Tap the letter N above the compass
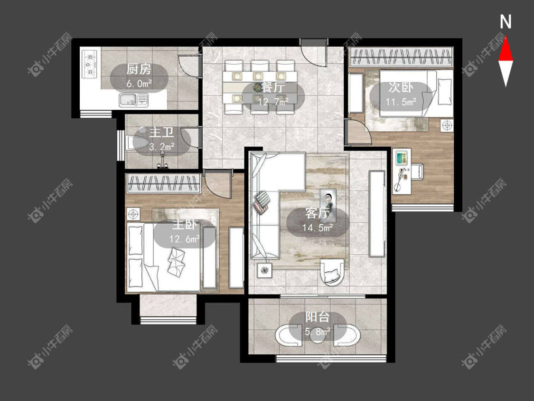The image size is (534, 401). coord(506,22)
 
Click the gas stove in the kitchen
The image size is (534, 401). coord(90,64)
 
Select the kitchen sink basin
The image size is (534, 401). coord(133,100)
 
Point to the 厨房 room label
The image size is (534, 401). coord(139,69)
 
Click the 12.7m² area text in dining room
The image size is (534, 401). coord(273,101)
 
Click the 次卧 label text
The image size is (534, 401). coord(401,87)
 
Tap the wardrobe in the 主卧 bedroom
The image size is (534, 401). coord(163,183)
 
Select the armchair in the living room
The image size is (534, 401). coord(332,271)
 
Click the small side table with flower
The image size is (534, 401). coord(264,271)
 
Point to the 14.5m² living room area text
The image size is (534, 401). coord(318,228)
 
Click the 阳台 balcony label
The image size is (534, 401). coord(318,317)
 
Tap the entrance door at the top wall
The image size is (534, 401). coord(313,52)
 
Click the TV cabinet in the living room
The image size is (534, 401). coord(377,214)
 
